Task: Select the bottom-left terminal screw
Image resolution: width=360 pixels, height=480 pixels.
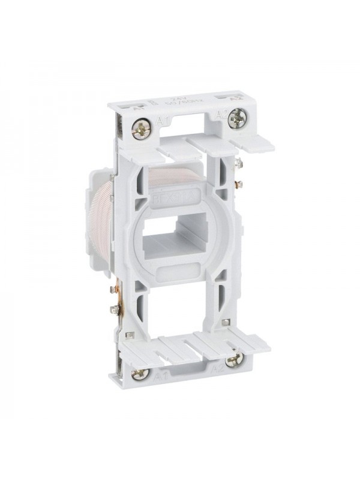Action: (140, 374)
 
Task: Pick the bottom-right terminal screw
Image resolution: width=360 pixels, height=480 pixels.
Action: (234, 359)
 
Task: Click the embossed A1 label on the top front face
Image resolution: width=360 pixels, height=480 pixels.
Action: (161, 124)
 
